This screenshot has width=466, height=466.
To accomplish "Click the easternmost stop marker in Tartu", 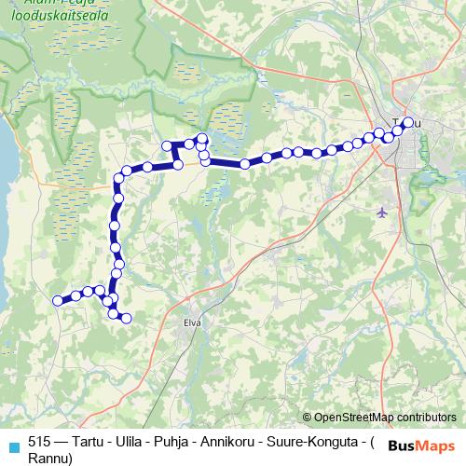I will tap(407, 122).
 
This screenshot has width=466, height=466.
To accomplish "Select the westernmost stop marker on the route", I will tap(58, 300).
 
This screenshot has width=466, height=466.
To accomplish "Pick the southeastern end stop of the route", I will tap(126, 319).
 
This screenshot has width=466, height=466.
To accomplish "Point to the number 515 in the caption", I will tap(40, 442).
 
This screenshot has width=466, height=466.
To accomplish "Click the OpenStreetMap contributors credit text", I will tap(385, 417).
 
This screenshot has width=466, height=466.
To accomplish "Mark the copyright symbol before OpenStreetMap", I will tap(307, 417).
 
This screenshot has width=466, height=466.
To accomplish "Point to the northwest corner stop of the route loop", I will tap(168, 145).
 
